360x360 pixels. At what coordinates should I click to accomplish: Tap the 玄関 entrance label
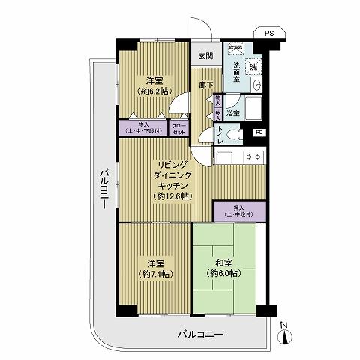205,56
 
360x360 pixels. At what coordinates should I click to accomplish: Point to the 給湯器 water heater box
235,46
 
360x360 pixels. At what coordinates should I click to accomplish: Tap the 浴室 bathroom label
233,113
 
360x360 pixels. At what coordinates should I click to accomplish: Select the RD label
259,133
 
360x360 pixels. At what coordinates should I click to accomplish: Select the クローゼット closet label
180,128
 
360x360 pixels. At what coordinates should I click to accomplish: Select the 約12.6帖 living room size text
172,196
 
